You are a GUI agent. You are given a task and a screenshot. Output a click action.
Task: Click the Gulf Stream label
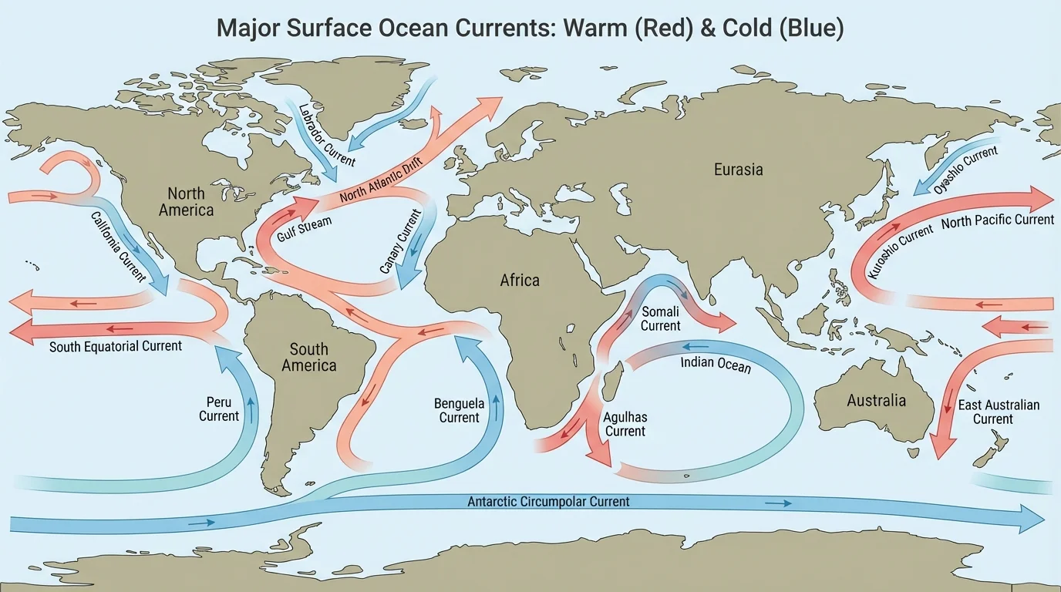[x=305, y=229]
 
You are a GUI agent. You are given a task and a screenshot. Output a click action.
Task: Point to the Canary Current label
[x=401, y=241]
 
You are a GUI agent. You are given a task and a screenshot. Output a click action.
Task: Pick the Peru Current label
[x=219, y=409]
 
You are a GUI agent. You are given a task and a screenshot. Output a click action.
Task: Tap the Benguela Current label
[x=459, y=410]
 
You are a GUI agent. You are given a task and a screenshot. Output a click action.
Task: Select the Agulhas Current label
[x=625, y=424]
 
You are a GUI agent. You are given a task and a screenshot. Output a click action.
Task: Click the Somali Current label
[x=661, y=318]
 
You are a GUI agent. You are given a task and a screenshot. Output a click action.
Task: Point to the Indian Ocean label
[x=716, y=365]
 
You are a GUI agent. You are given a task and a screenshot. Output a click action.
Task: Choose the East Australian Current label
[x=998, y=412]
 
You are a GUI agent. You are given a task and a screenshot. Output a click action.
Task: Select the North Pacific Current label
[x=997, y=220]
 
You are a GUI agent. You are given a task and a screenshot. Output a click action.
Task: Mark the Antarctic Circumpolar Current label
[x=548, y=502]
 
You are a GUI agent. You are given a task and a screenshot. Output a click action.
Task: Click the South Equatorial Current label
[x=116, y=346]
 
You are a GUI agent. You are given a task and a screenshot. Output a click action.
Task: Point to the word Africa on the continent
[x=520, y=280]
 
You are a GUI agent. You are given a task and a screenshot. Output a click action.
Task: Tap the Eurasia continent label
[x=738, y=169]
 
